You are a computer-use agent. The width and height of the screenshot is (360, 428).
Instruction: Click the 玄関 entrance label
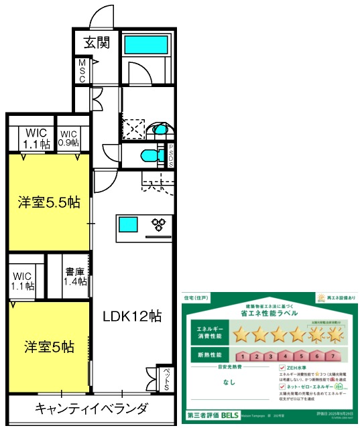[x=97, y=42]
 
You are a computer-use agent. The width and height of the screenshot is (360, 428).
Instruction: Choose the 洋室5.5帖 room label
[x=49, y=203]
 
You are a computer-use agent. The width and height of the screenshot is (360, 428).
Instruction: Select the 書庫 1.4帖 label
[x=74, y=277]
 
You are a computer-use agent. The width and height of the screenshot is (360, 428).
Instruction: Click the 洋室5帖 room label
[x=49, y=347]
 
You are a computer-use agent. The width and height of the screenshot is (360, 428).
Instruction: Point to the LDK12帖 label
[x=131, y=316]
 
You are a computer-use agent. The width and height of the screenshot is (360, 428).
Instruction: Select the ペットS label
[x=166, y=379]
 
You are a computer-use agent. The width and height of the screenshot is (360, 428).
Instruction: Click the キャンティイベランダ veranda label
[x=91, y=408]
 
